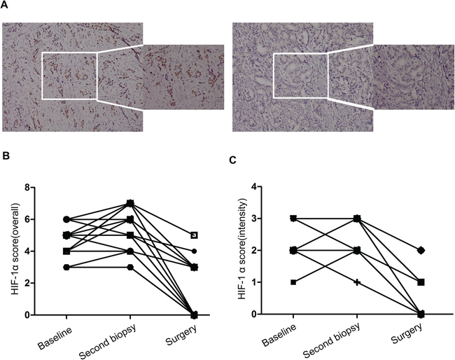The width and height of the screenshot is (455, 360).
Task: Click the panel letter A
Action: (4, 5)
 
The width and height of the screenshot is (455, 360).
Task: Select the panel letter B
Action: (6, 156)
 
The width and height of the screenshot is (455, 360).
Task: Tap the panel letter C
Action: (232, 160)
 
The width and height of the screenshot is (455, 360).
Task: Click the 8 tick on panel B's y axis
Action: (27, 188)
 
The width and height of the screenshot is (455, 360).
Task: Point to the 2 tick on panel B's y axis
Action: (27, 283)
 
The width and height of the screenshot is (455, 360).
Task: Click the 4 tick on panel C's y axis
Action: (254, 186)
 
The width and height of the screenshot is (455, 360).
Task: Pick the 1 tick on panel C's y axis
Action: (254, 282)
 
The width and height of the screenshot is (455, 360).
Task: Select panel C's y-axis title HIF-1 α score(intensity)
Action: (241, 249)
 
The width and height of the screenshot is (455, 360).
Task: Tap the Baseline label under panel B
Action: (55, 338)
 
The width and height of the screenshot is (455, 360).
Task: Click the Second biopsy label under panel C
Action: (332, 340)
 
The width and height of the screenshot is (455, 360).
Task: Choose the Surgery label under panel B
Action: (182, 335)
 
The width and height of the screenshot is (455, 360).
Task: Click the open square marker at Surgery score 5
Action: (194, 235)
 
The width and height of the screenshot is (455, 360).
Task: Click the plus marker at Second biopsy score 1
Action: (357, 282)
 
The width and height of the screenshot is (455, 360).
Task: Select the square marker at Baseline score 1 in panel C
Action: (293, 282)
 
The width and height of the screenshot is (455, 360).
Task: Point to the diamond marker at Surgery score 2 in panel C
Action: (421, 250)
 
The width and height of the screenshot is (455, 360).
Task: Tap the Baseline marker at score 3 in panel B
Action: (66, 267)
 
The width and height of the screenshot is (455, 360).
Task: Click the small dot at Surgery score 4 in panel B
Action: (194, 251)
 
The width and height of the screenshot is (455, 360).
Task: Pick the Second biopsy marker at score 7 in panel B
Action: (130, 203)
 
